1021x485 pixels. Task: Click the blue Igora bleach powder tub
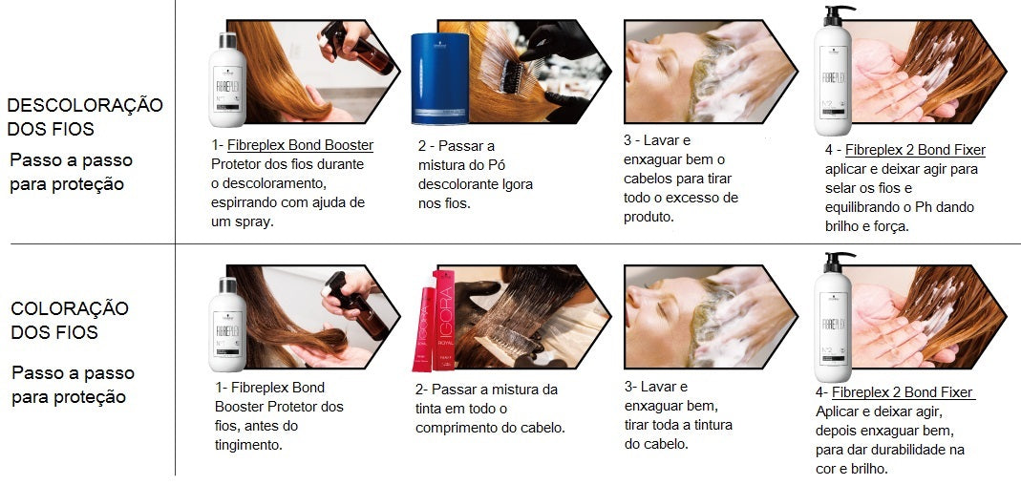(x=440, y=78)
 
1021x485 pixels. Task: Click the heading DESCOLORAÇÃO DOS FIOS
(x=85, y=116)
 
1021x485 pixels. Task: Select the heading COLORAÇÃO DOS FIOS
(x=70, y=320)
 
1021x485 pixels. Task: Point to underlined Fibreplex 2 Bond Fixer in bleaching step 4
(x=915, y=151)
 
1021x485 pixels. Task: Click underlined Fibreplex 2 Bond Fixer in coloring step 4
(x=902, y=392)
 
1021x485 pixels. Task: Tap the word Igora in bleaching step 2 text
(x=513, y=184)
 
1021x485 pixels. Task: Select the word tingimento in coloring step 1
(x=248, y=445)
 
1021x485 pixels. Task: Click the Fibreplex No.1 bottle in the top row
(x=227, y=79)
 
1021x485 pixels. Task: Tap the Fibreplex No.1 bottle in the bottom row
(x=227, y=325)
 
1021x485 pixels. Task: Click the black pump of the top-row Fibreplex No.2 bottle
(x=839, y=15)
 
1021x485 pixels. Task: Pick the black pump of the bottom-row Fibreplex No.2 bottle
(x=839, y=262)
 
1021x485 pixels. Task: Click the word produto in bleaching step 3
(x=649, y=217)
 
